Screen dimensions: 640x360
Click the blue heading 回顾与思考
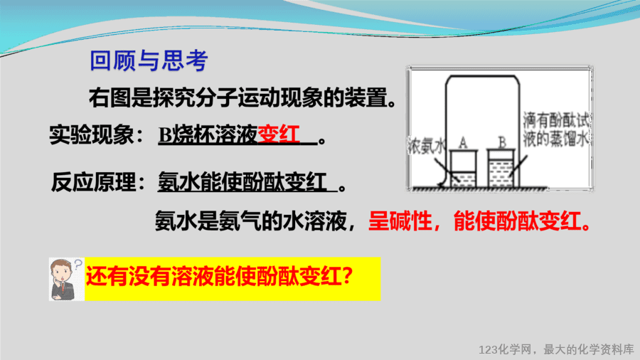(x=149, y=60)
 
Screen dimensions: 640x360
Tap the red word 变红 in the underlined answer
(x=279, y=134)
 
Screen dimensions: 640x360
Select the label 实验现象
(x=91, y=134)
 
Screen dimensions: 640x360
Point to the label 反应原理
(x=93, y=181)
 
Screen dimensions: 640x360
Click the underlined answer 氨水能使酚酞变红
(x=242, y=182)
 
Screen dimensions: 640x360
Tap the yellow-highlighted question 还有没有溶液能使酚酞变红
(x=219, y=277)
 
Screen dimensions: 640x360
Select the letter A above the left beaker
(x=462, y=142)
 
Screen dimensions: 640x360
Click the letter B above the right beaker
(x=502, y=142)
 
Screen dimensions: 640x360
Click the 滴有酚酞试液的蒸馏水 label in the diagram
(x=556, y=129)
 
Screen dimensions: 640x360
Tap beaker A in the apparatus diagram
(x=463, y=169)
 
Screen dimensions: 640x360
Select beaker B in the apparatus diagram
(x=501, y=169)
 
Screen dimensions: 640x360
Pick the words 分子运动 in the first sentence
(x=236, y=98)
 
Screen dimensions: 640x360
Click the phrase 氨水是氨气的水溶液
(x=250, y=221)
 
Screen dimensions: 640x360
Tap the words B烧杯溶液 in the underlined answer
(x=208, y=134)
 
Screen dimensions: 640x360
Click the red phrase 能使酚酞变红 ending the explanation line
(x=518, y=221)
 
